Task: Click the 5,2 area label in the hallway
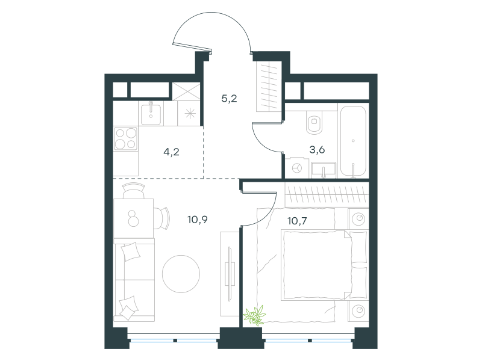[x=229, y=99]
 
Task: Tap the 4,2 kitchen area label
[x=171, y=152]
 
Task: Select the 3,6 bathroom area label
[x=317, y=150]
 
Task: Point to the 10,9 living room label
[x=198, y=220]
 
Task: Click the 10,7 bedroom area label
[x=297, y=221]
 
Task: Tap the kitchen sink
[x=151, y=114]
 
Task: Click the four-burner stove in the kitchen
[x=125, y=138]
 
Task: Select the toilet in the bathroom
[x=314, y=122]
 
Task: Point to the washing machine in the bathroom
[x=296, y=168]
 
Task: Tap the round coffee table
[x=181, y=274]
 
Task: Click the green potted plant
[x=254, y=315]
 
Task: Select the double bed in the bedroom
[x=324, y=265]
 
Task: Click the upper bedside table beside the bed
[x=358, y=219]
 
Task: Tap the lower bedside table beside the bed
[x=358, y=311]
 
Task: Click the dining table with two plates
[x=133, y=218]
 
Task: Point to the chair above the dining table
[x=133, y=190]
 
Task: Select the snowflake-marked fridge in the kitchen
[x=190, y=114]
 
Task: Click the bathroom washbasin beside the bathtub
[x=324, y=170]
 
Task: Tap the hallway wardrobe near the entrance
[x=269, y=86]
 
